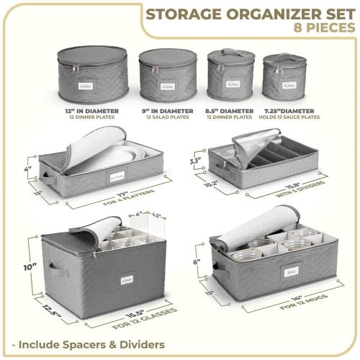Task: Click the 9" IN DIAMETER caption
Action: click(168, 110)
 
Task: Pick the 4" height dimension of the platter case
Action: click(27, 171)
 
